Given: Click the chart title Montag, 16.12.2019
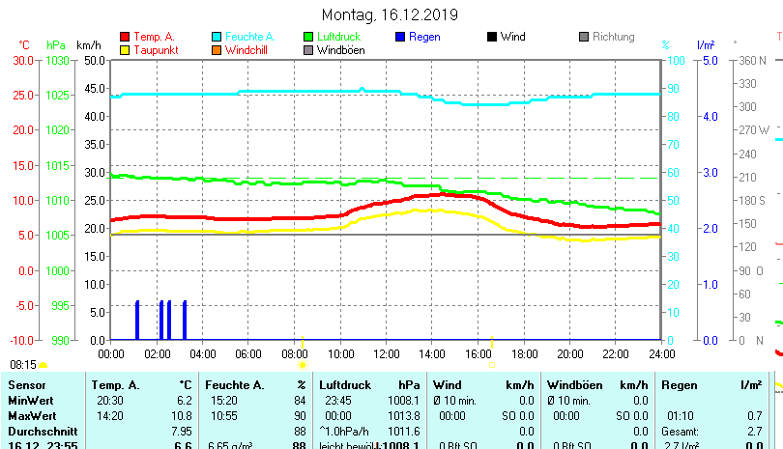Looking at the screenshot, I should [390, 14].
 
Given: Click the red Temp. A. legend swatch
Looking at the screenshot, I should [124, 38].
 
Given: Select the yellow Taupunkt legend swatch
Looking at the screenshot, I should [124, 50].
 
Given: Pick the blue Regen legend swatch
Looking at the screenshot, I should [400, 38].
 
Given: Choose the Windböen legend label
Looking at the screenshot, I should [340, 50].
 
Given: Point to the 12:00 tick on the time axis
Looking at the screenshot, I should [386, 353].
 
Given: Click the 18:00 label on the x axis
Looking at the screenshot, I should [524, 353].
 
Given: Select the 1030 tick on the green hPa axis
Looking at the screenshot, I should [57, 60].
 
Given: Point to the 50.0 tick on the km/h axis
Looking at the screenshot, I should [94, 60].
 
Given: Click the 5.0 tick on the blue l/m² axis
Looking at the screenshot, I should [710, 60].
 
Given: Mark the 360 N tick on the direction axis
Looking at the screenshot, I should [753, 60].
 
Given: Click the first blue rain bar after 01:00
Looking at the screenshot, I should [137, 320].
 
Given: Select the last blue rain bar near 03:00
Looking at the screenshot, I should [185, 320].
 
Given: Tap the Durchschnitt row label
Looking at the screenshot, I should [37, 432].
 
